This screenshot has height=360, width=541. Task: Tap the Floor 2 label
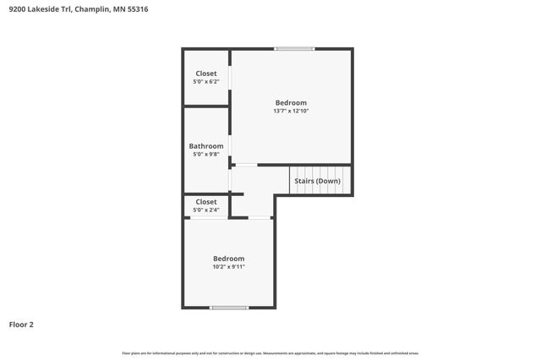click(21, 324)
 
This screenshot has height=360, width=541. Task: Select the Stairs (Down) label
click(317, 181)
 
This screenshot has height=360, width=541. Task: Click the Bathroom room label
click(206, 146)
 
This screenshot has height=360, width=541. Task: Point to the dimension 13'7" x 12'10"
click(291, 111)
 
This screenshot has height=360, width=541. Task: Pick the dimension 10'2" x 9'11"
click(229, 267)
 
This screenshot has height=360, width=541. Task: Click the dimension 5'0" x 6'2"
click(206, 82)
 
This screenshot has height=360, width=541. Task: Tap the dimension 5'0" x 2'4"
click(206, 210)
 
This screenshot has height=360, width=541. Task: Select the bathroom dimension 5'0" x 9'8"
click(206, 155)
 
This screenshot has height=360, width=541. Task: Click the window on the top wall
click(295, 49)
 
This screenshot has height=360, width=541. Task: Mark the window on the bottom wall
click(229, 308)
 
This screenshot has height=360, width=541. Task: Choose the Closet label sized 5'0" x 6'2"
click(206, 74)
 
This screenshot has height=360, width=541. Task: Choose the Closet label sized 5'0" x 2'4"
click(206, 202)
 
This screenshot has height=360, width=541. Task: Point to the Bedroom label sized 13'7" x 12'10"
click(291, 102)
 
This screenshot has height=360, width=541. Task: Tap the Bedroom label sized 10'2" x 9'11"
click(229, 259)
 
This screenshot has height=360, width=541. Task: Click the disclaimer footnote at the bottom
click(270, 353)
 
